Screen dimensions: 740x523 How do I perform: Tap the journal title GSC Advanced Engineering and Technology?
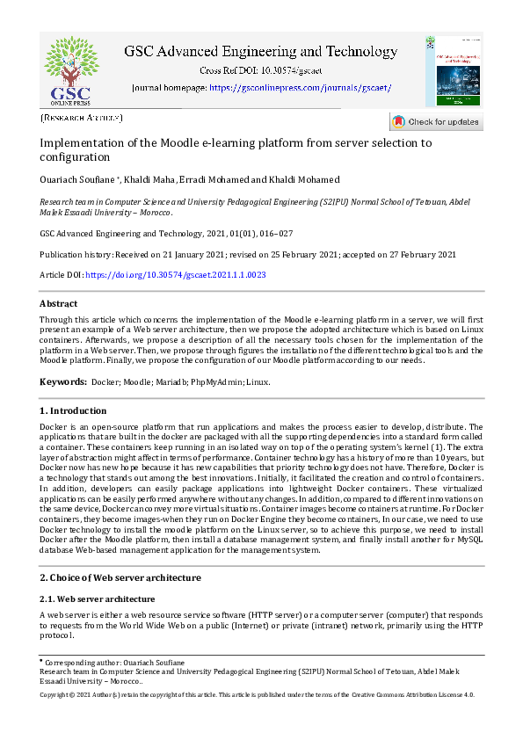click(260, 52)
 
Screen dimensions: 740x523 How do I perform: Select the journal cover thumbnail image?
click(452, 71)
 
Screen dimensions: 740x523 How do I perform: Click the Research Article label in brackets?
click(82, 117)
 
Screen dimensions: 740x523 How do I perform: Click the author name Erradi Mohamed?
click(209, 180)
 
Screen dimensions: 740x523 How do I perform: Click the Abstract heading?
click(59, 304)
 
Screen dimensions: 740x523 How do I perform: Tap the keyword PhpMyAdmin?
click(215, 382)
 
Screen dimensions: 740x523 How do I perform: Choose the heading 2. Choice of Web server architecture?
click(120, 577)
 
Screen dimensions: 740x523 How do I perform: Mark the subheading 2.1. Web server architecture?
click(98, 599)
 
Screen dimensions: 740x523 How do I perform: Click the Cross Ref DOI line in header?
click(260, 69)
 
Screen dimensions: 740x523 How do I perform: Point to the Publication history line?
click(248, 255)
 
